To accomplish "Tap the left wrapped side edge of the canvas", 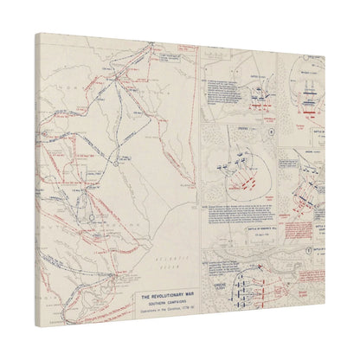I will point(38,173).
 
